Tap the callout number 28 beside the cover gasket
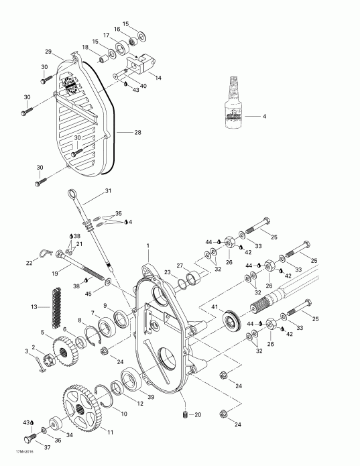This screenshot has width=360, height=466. tap(138, 133)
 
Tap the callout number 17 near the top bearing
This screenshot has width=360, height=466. tap(107, 34)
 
